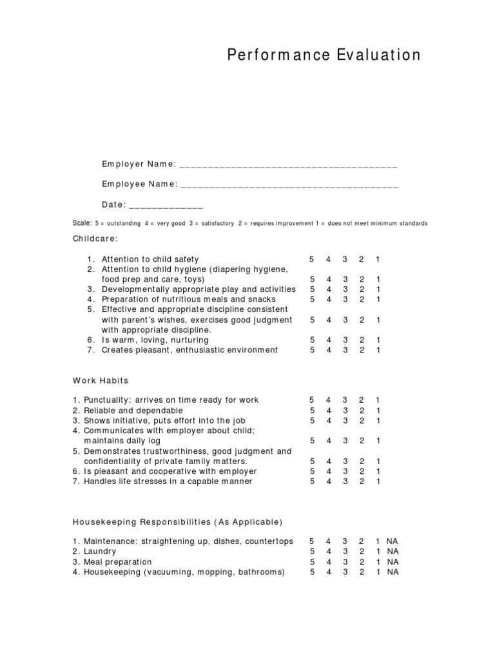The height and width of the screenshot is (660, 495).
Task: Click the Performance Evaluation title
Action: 324,55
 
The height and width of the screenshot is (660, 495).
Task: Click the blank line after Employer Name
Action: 288,166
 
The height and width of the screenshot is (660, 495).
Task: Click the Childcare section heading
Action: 95,239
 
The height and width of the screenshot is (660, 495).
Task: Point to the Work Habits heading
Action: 101,380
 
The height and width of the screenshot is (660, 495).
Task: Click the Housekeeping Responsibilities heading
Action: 177,521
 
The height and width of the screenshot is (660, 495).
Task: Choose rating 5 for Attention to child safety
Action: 312,259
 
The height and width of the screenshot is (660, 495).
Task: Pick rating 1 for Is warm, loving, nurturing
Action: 378,340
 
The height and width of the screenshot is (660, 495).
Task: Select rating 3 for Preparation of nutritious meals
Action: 345,300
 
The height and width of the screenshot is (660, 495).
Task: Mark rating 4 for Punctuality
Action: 328,400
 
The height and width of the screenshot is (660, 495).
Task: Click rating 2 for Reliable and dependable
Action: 361,411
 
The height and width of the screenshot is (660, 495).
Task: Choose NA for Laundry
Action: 393,552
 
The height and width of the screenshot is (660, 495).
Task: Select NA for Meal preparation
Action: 393,562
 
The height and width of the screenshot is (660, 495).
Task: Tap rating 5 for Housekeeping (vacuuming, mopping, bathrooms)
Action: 312,572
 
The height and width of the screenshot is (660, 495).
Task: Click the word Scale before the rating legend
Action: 82,223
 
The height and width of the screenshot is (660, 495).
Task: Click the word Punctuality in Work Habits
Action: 104,400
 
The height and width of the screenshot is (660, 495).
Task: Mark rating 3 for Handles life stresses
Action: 345,481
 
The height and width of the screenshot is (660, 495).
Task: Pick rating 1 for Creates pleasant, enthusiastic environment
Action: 378,350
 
